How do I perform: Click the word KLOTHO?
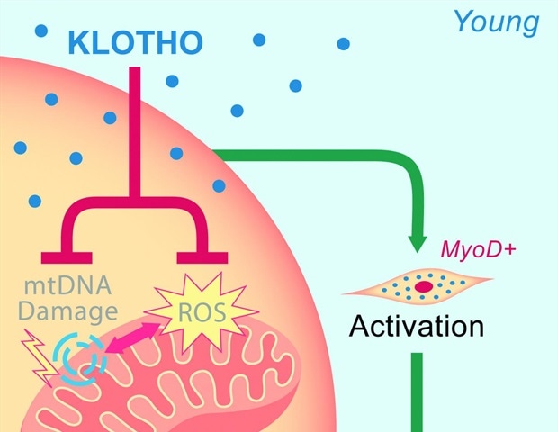135,42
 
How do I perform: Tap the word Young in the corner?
497,21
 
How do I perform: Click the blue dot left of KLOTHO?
40,31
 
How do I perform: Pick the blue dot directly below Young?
343,43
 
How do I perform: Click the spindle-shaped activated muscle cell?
420,285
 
